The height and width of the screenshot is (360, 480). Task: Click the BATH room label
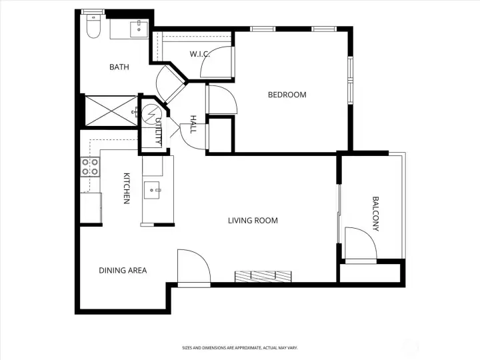pyautogui.click(x=119, y=67)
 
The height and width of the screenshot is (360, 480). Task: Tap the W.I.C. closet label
pyautogui.click(x=199, y=54)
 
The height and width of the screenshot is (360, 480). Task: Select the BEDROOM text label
pyautogui.click(x=287, y=95)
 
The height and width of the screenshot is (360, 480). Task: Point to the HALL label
pyautogui.click(x=193, y=124)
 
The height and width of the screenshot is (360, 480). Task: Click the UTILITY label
pyautogui.click(x=158, y=131)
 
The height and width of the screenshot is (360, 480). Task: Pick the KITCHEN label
pyautogui.click(x=126, y=189)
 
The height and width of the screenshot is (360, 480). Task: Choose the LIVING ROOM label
pyautogui.click(x=253, y=221)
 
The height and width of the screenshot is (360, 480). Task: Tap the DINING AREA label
pyautogui.click(x=123, y=271)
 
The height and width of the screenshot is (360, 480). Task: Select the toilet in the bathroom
pyautogui.click(x=93, y=27)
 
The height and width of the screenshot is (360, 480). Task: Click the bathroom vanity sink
pyautogui.click(x=139, y=29)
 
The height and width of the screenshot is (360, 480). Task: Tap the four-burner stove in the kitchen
pyautogui.click(x=90, y=167)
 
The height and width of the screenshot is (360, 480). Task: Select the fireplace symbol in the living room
pyautogui.click(x=263, y=276)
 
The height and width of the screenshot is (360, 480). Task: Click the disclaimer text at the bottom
pyautogui.click(x=240, y=348)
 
